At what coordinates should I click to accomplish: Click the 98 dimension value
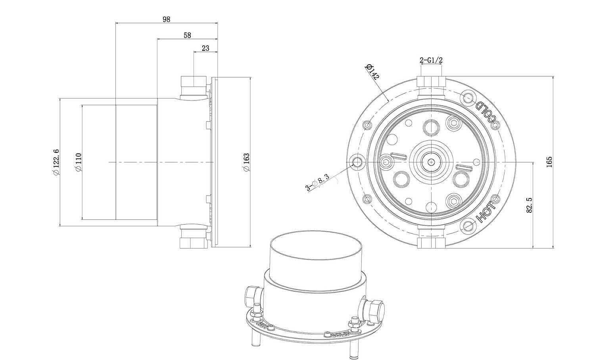click(166, 19)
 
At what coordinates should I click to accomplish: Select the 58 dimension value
click(187, 35)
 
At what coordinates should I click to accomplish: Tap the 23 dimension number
click(205, 48)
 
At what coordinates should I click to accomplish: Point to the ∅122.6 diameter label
click(56, 162)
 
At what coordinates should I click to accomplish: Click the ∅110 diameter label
click(79, 162)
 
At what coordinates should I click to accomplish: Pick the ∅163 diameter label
click(246, 162)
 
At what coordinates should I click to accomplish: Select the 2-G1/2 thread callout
click(431, 60)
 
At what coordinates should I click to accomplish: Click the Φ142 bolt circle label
click(373, 71)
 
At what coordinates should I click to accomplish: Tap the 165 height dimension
click(549, 162)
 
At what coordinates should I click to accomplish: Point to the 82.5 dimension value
click(529, 205)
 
